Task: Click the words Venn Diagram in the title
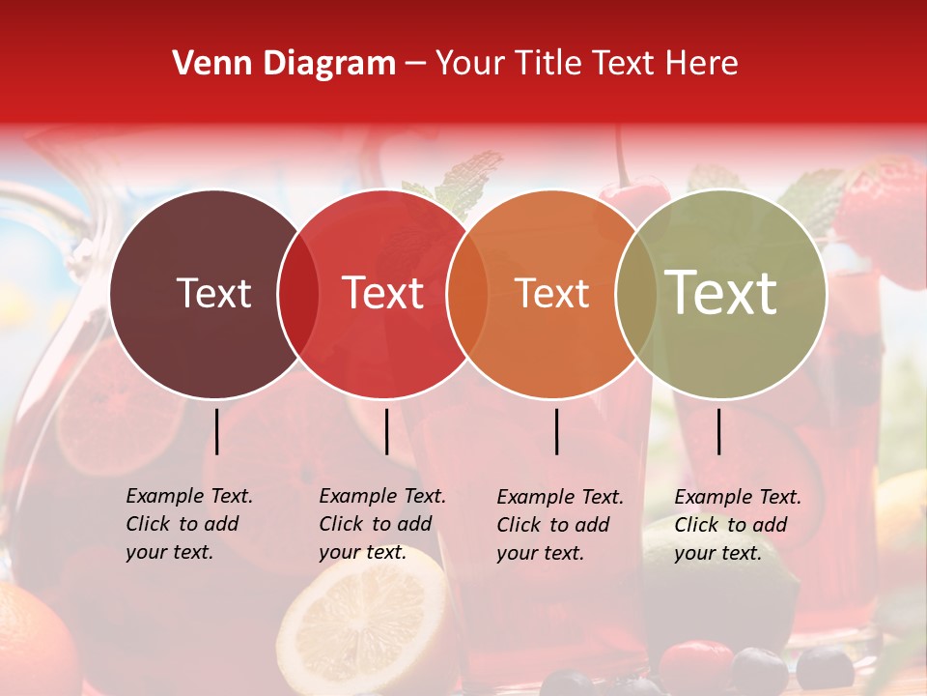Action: point(284,64)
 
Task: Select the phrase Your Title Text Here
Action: point(586,64)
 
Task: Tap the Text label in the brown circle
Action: point(213,293)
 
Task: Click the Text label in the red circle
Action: point(383,293)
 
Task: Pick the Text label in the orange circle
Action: point(551,293)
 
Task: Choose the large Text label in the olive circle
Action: point(720,293)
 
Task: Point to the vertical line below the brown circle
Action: point(216,431)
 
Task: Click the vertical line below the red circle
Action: point(386,431)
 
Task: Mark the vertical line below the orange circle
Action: point(557,431)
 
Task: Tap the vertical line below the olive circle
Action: point(719,431)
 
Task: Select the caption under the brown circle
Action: point(188,524)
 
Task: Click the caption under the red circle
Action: point(381,524)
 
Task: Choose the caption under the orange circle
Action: point(559,525)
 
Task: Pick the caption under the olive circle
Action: point(737,525)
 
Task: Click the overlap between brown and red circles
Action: point(298,293)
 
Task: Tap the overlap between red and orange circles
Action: point(466,293)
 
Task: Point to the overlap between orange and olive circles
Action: point(634,293)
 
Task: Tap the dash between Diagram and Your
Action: point(415,65)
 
